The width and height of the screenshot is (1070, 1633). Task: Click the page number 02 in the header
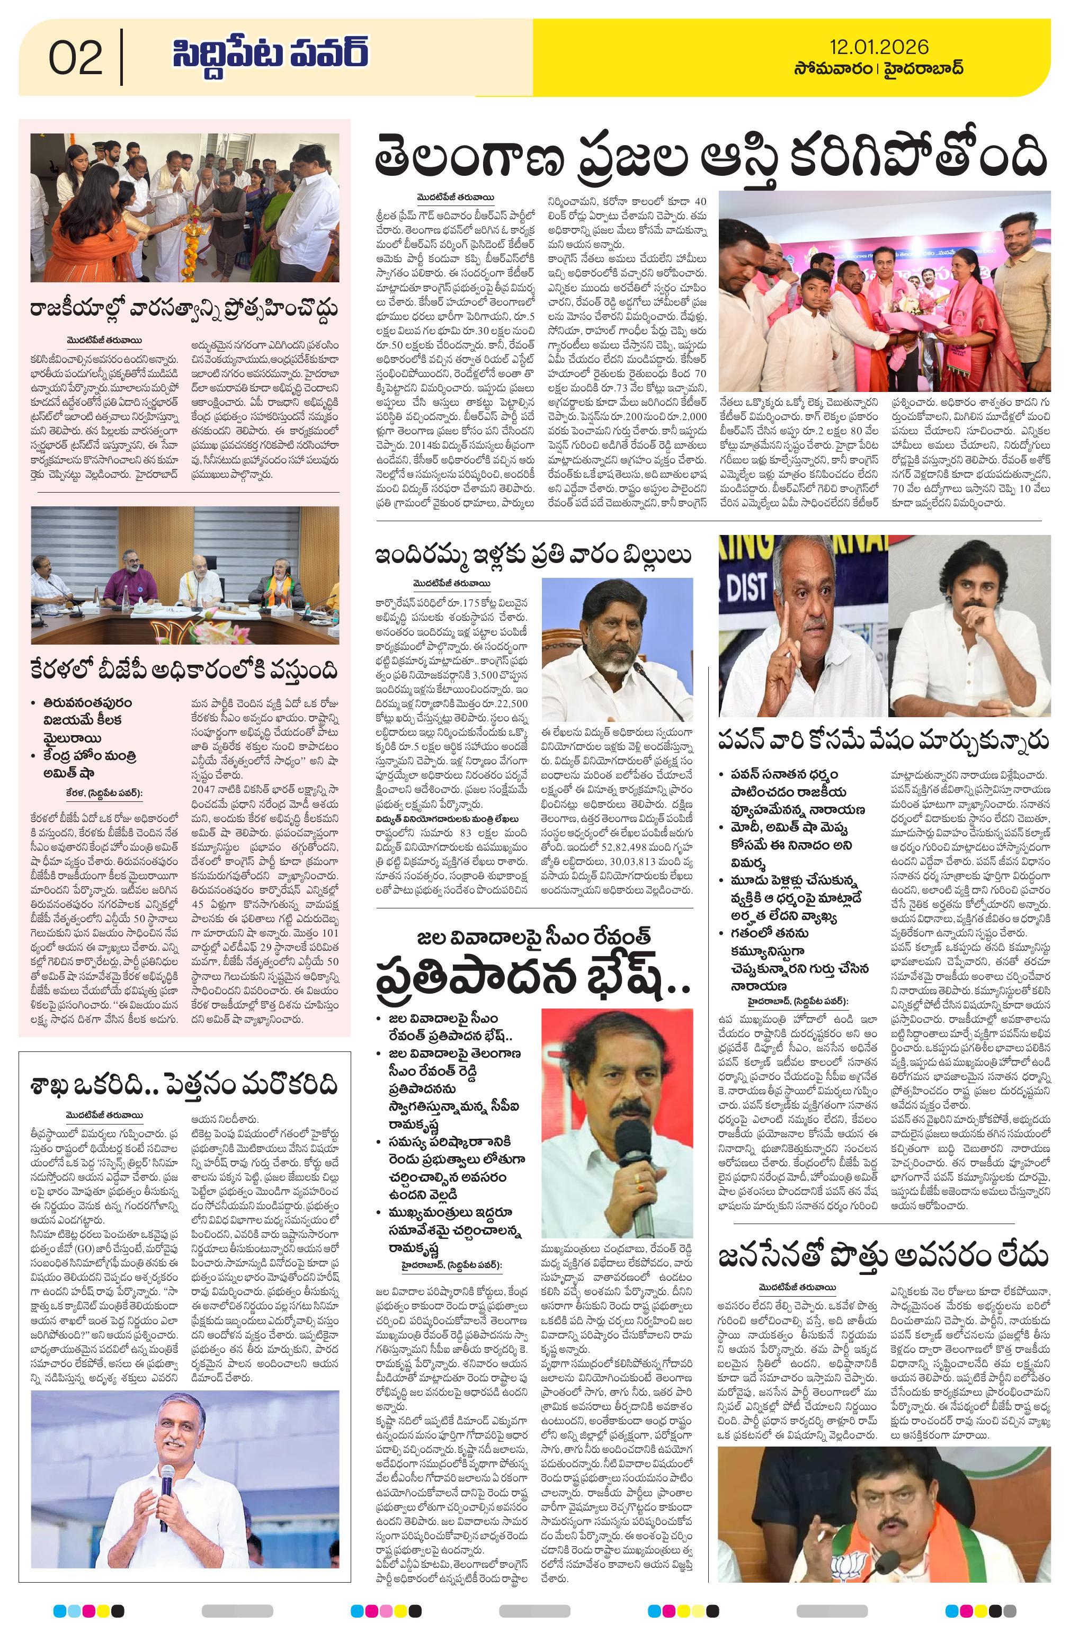(x=76, y=58)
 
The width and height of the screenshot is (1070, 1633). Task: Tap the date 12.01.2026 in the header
(x=878, y=47)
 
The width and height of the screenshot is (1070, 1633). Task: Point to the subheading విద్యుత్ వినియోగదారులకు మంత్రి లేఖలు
(x=446, y=818)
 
